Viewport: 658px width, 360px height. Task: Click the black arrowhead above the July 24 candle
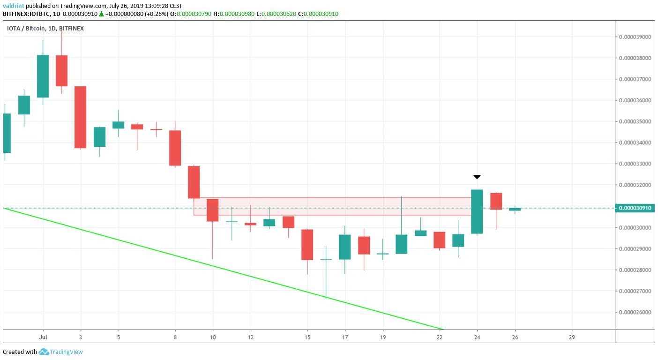(x=477, y=177)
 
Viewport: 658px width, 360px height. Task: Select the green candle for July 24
(x=477, y=211)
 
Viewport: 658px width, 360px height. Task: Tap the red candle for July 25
(x=496, y=201)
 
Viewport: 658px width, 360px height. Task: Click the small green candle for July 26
(x=515, y=209)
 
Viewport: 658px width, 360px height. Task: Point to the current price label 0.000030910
(x=636, y=208)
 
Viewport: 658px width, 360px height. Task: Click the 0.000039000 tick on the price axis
(x=636, y=37)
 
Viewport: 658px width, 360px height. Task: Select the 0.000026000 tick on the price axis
(x=636, y=312)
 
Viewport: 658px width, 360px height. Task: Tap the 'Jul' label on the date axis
(x=43, y=337)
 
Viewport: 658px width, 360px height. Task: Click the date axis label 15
(x=307, y=337)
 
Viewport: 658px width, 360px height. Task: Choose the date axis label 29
(x=572, y=337)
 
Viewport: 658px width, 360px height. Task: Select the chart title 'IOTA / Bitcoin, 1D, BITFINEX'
(x=45, y=28)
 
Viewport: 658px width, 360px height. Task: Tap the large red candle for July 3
(x=80, y=117)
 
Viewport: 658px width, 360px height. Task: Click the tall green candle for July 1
(x=43, y=76)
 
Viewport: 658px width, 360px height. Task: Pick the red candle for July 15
(x=307, y=244)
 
